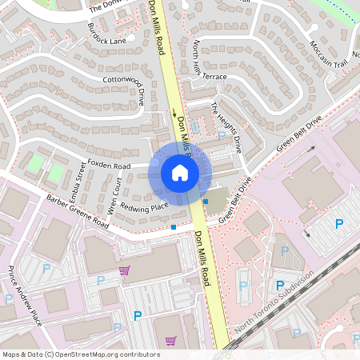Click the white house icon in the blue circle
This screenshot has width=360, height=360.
tap(180, 172)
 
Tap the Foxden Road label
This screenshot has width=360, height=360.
tap(109, 166)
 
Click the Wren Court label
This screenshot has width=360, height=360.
tap(114, 197)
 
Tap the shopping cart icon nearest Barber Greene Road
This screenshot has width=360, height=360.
tap(124, 270)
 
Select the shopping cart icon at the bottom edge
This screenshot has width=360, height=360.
tap(170, 340)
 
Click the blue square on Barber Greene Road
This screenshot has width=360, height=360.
tap(174, 227)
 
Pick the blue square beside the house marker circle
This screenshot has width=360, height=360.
tap(206, 201)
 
